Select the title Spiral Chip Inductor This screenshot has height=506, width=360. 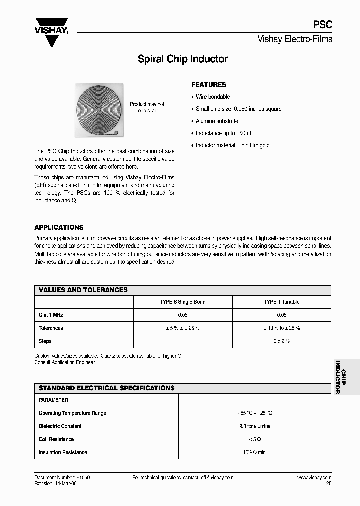point(183,59)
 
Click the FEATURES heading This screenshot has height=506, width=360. point(209,85)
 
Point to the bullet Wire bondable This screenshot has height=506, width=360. point(213,97)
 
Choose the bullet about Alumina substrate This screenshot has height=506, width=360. point(217,121)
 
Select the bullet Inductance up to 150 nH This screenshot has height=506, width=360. point(224,133)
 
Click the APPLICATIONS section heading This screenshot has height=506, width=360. point(59,227)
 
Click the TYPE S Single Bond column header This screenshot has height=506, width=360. point(182,302)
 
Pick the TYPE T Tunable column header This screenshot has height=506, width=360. point(282,302)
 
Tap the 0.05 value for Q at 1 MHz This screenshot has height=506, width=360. point(182,315)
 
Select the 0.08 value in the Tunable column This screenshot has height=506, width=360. point(282,315)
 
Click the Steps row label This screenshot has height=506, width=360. point(45,341)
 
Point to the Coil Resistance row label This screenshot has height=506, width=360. point(56,439)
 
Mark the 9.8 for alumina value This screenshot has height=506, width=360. point(255,426)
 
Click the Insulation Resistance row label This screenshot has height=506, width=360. point(63,452)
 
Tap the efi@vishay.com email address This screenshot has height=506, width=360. point(214,478)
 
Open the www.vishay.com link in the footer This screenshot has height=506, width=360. point(314,478)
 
